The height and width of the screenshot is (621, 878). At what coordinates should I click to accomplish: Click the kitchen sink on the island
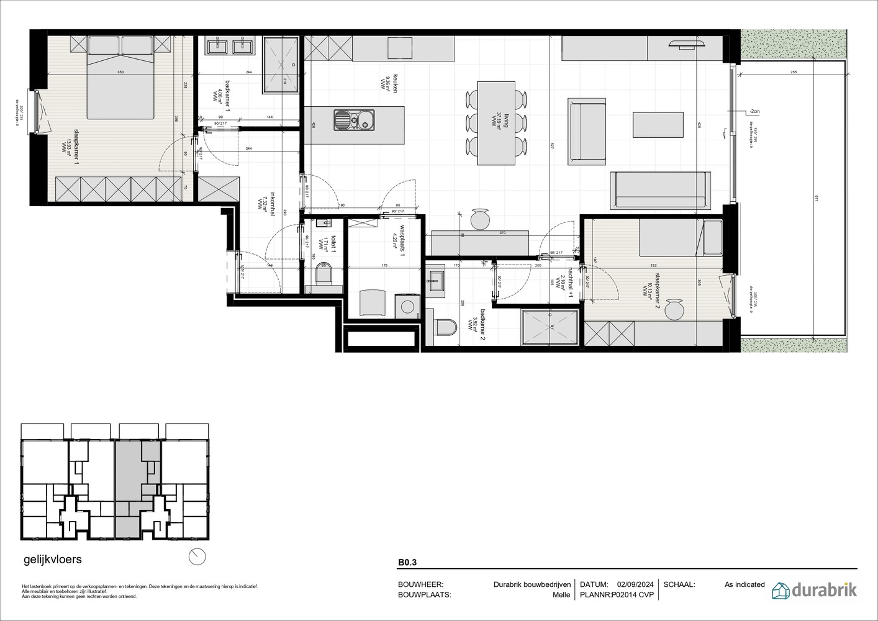click(354, 119)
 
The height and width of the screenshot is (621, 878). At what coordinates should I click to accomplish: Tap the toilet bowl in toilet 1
click(325, 274)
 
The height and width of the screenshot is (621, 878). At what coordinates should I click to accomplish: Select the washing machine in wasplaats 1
click(407, 306)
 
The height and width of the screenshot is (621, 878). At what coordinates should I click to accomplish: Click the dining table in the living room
click(496, 123)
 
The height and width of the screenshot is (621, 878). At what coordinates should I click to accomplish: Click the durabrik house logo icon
click(781, 590)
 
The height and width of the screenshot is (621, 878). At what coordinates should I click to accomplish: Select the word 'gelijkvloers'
click(52, 559)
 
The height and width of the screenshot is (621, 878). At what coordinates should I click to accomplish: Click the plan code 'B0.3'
click(407, 563)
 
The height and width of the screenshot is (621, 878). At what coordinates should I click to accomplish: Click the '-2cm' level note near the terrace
click(754, 111)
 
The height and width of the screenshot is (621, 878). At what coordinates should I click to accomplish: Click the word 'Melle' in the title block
click(561, 594)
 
